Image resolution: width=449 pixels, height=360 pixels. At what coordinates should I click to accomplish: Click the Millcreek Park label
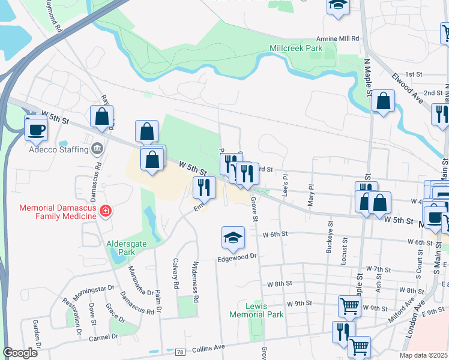pyautogui.click(x=296, y=47)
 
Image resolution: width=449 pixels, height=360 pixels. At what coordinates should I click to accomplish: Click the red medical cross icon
pyautogui.click(x=106, y=211)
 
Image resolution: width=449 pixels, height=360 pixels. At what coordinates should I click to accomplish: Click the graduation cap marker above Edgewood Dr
pyautogui.click(x=233, y=238)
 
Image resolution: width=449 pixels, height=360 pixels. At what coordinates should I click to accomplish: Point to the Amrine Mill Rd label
pyautogui.click(x=337, y=38)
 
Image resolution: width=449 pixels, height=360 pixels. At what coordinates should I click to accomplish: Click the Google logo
pyautogui.click(x=20, y=353)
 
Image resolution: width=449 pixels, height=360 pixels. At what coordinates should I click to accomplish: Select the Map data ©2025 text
pyautogui.click(x=427, y=355)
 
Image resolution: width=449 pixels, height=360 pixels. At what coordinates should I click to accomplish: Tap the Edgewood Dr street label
pyautogui.click(x=237, y=257)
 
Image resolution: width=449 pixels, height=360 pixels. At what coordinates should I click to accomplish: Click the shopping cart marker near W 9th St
pyautogui.click(x=349, y=306)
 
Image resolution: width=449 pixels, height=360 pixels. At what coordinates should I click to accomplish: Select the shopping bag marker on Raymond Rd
pyautogui.click(x=101, y=117)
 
